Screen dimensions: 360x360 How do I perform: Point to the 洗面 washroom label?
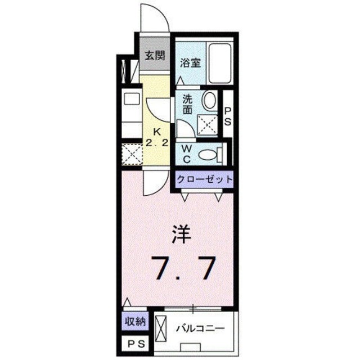click(187, 103)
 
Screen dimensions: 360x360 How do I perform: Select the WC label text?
click(187, 152)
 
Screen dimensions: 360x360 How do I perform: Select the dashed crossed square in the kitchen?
click(133, 154)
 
